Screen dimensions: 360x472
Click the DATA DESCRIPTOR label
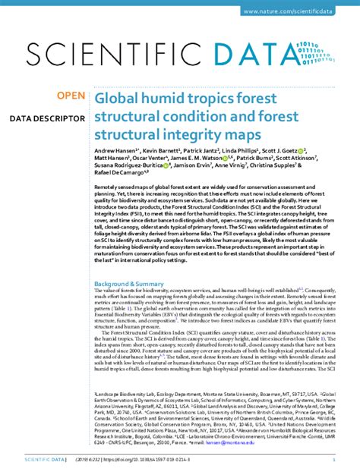click(47, 119)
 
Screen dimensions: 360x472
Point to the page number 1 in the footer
click(334, 460)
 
